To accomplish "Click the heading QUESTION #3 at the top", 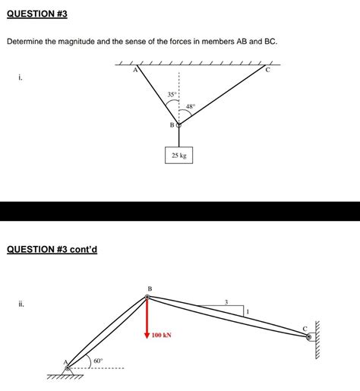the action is point(36,14).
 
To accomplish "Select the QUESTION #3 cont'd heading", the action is point(52,249).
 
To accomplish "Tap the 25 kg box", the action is point(178,156).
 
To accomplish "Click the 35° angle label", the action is point(172,94).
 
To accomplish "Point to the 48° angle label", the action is point(191,107).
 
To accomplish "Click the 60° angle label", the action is point(99,361).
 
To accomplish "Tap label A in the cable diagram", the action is point(135,71).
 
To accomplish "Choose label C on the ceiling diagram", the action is point(267,71).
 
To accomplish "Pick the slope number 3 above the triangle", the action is point(226,302).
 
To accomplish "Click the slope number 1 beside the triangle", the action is point(248,312).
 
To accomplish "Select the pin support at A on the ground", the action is point(69,369).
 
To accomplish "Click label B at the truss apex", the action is point(150,289).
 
